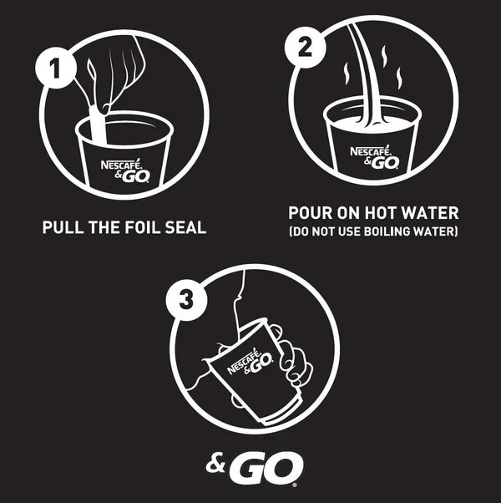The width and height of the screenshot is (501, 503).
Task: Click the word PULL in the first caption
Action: (65, 227)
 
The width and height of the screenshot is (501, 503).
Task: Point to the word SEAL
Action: (185, 227)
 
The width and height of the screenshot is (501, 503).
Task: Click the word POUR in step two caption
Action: (311, 213)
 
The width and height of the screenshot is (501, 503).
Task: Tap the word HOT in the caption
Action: (387, 213)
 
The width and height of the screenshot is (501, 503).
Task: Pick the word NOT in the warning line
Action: (326, 231)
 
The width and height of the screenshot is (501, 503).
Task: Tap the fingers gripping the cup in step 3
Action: (294, 359)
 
